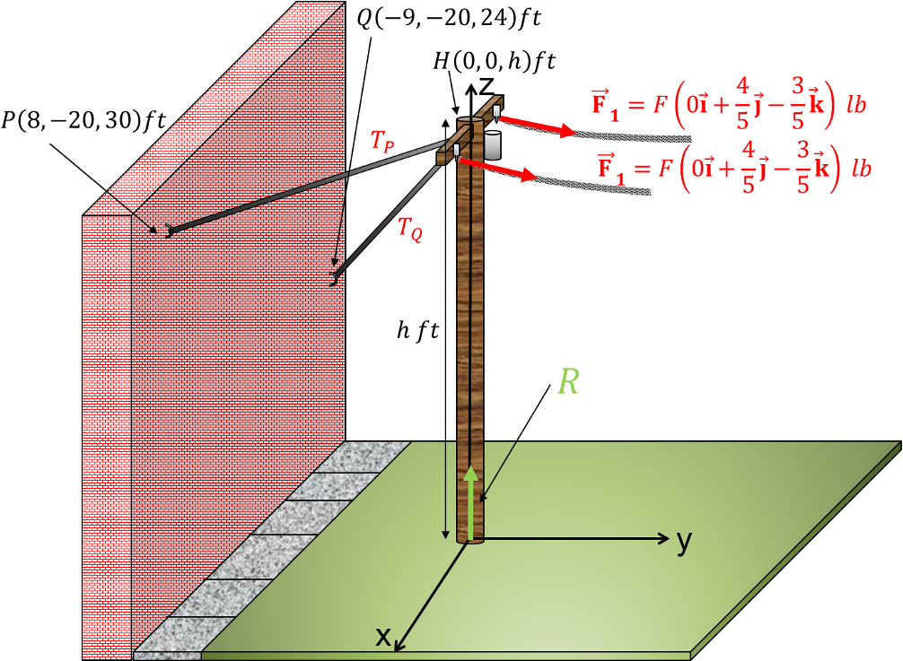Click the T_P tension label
382,141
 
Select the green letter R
568,382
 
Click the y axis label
685,541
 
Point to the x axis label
383,636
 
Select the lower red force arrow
499,170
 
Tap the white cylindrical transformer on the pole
492,144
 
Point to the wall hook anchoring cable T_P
168,230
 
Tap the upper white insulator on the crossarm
496,111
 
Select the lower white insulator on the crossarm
457,150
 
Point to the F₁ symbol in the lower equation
610,169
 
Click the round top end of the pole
470,120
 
